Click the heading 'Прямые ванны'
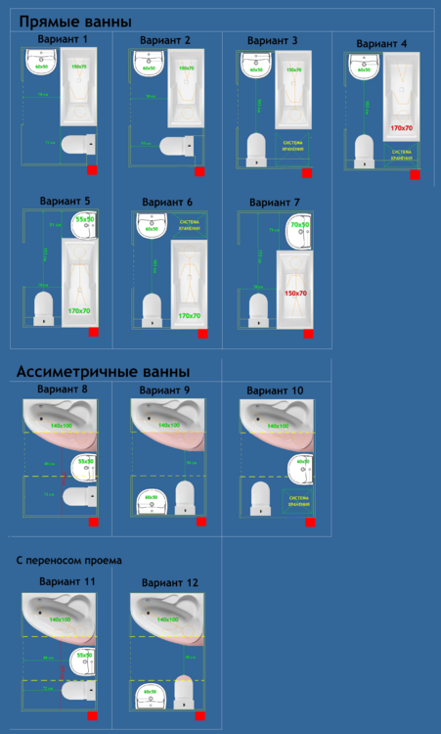point(75,22)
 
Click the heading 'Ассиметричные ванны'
point(103,371)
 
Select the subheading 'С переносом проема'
point(68,561)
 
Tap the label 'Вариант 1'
point(63,39)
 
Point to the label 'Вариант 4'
point(381,44)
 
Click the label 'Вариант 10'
point(275,390)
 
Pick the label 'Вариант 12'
point(170,582)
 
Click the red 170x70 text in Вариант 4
point(401,128)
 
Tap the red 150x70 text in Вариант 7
point(295,293)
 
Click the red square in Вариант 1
point(92,169)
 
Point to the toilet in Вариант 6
point(152,309)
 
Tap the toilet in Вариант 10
point(259,496)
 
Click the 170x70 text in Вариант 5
point(80,311)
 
